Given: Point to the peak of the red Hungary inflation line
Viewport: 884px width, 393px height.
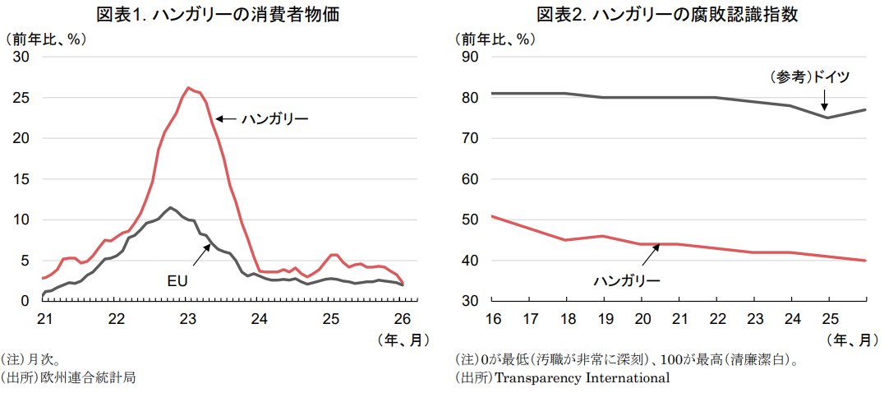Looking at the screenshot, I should [x=189, y=88].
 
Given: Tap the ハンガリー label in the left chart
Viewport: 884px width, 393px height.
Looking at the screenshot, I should [x=274, y=119].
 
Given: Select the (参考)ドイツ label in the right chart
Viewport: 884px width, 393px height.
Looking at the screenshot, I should [x=808, y=77].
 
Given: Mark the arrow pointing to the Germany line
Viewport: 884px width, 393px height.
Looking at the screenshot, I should [x=824, y=100].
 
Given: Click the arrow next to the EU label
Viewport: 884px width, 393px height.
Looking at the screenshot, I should [x=200, y=255].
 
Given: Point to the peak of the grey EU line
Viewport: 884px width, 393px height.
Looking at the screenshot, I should [x=170, y=207].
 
